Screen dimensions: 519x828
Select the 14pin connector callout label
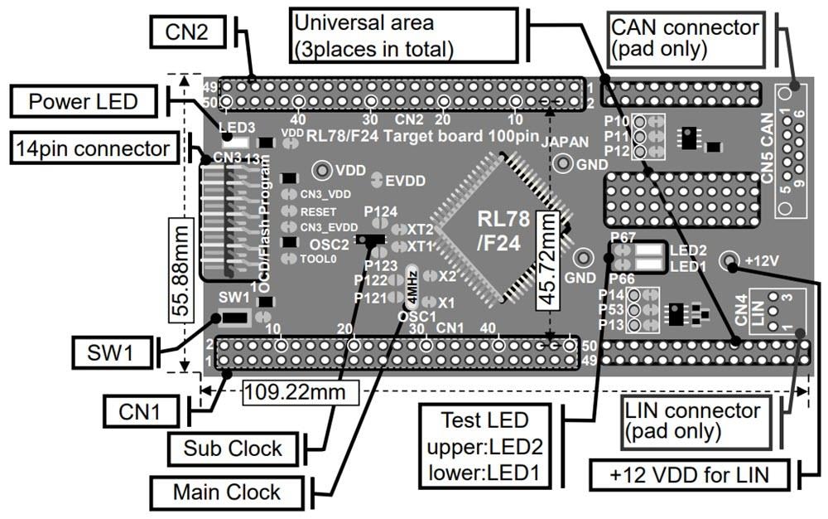(92, 149)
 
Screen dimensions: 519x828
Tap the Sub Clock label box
(233, 449)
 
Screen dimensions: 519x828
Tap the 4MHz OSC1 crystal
(412, 287)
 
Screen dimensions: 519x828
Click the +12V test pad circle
(729, 261)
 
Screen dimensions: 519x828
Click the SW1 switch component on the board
(233, 318)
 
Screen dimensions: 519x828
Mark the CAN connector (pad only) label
(684, 37)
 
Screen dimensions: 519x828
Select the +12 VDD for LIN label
(690, 476)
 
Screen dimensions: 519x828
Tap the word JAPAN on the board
(566, 142)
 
